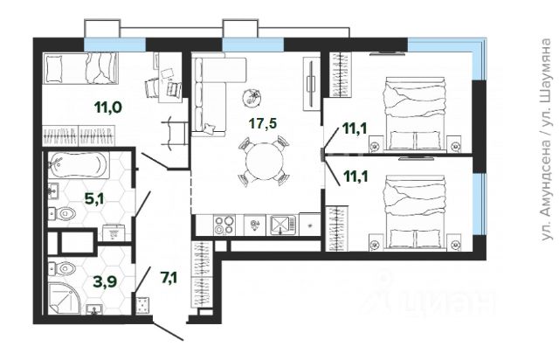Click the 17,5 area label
(263, 123)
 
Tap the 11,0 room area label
(108, 107)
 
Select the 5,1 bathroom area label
(94, 199)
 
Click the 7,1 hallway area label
(169, 277)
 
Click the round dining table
(265, 161)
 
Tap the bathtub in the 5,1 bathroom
(79, 165)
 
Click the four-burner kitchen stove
(224, 225)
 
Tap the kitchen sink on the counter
(283, 225)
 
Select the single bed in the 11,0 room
(80, 68)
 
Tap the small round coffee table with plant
(252, 98)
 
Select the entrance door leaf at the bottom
(168, 331)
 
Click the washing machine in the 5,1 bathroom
(114, 232)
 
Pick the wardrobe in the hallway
(202, 274)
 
